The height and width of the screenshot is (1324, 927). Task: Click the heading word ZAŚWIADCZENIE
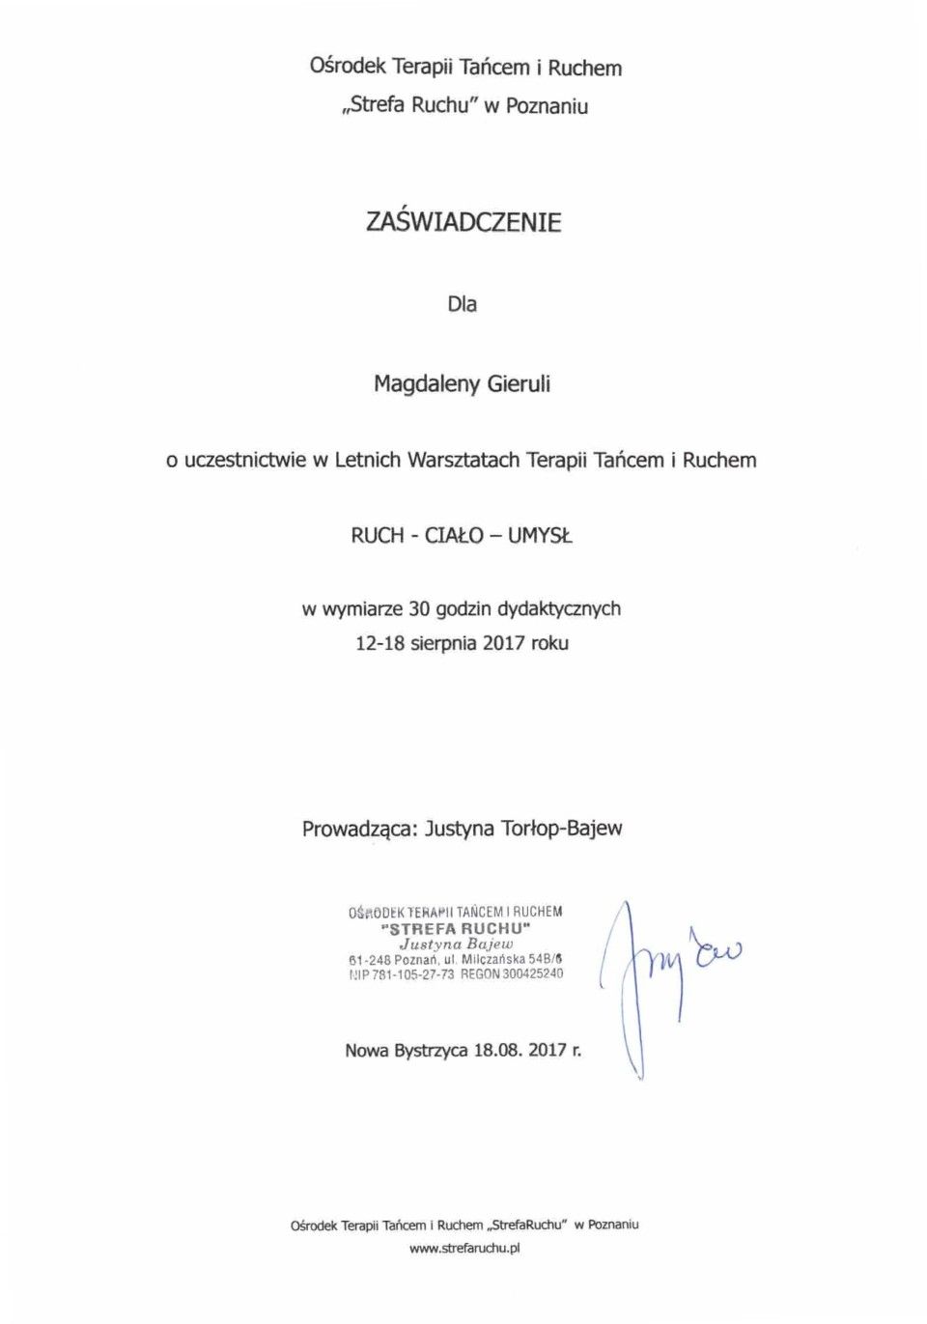(463, 222)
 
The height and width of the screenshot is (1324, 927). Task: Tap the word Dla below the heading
(462, 304)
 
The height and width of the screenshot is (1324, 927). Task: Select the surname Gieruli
(519, 384)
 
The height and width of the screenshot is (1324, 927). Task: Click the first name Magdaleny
(426, 384)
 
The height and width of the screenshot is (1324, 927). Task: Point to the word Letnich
(367, 461)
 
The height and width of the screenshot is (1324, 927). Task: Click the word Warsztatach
(463, 461)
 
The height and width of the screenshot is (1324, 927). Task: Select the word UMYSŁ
(540, 536)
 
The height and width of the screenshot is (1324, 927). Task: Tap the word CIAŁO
(454, 536)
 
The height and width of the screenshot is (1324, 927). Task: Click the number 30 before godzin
(418, 609)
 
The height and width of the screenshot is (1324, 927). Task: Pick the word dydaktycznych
(558, 609)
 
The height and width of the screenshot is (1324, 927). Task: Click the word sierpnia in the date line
(443, 643)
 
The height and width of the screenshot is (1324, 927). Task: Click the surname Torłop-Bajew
(562, 829)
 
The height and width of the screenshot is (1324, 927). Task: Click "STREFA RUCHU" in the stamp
(457, 929)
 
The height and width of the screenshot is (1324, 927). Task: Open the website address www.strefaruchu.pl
(464, 1249)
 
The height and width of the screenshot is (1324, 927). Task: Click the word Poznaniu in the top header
(547, 106)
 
